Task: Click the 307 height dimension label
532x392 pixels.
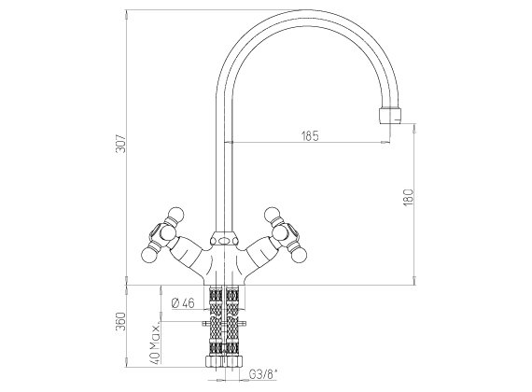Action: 121,144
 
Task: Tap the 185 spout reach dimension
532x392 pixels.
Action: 310,136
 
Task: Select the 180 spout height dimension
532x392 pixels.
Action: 409,197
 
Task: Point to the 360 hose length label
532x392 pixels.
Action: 121,321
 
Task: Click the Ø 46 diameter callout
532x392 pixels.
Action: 184,302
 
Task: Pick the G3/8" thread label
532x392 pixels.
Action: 263,374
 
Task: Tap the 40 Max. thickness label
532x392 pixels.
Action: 155,344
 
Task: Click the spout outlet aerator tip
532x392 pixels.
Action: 390,116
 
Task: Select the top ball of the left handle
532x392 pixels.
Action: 176,215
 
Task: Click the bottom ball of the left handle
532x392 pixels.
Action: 148,255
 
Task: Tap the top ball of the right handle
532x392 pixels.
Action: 272,215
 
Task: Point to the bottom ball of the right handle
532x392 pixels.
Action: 300,255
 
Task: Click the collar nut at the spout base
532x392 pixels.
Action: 224,239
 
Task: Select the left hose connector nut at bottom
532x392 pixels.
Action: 214,362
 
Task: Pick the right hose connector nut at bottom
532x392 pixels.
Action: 233,362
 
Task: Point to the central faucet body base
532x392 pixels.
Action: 224,268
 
